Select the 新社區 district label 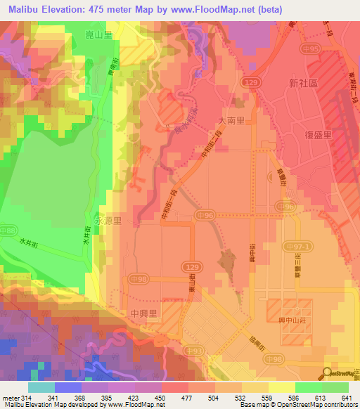click(x=303, y=82)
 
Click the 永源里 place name click(x=109, y=220)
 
